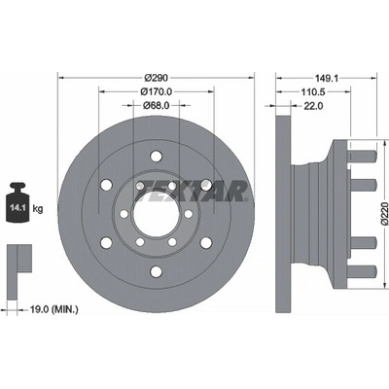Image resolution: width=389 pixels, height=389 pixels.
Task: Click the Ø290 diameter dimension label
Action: tap(157, 78)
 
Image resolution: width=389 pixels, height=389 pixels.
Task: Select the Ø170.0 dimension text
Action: tap(157, 92)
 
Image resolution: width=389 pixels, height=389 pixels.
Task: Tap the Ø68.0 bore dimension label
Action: tap(157, 106)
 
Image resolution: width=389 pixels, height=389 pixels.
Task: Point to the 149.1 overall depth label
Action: tap(327, 78)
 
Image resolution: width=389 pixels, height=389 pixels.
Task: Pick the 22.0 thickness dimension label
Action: tap(313, 106)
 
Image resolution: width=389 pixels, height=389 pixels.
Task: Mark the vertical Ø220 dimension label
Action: tap(384, 213)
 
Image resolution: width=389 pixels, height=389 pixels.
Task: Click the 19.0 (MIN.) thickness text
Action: tap(54, 310)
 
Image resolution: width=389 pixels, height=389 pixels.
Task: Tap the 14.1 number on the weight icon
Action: tap(17, 208)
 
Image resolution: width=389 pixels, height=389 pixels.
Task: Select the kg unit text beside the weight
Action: tap(38, 209)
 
